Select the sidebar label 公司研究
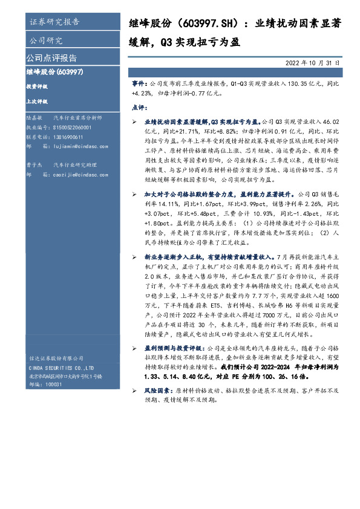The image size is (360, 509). tap(46, 41)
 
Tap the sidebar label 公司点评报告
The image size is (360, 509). tap(51, 58)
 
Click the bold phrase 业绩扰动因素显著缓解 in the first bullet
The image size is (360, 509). tap(171, 122)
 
